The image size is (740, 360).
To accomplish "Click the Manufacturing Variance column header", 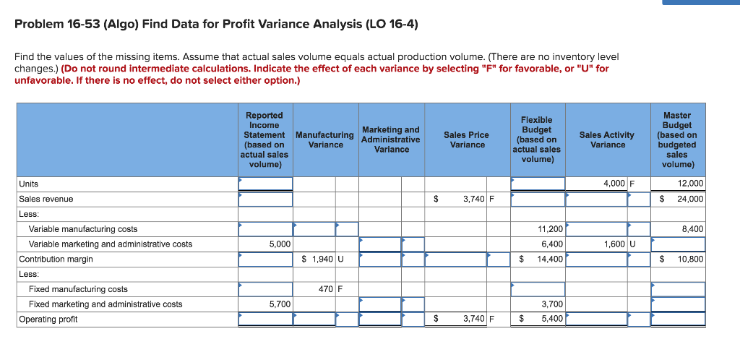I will tap(325, 140).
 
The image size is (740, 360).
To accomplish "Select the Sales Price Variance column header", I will tap(467, 140).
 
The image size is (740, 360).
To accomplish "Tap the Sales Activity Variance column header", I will tap(607, 140).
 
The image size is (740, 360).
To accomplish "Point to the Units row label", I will tap(29, 184).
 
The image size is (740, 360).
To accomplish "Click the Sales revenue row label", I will tap(46, 199).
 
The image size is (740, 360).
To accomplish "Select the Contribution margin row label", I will tap(56, 259).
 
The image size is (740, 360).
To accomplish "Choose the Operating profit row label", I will tap(48, 319).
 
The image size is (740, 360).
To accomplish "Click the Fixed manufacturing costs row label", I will tap(78, 289).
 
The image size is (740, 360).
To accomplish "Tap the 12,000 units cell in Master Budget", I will tap(691, 184).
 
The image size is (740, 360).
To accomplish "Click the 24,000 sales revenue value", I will tap(691, 199).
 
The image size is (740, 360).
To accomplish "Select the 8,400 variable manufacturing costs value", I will tap(692, 229).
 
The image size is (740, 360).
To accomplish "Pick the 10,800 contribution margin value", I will tap(691, 259).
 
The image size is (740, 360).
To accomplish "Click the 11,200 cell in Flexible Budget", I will tap(551, 229).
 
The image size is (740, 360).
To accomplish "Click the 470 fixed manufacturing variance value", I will tap(325, 289).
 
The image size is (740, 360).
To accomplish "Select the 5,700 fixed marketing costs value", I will tap(280, 304).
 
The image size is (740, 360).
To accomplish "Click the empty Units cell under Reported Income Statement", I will tap(265, 184).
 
